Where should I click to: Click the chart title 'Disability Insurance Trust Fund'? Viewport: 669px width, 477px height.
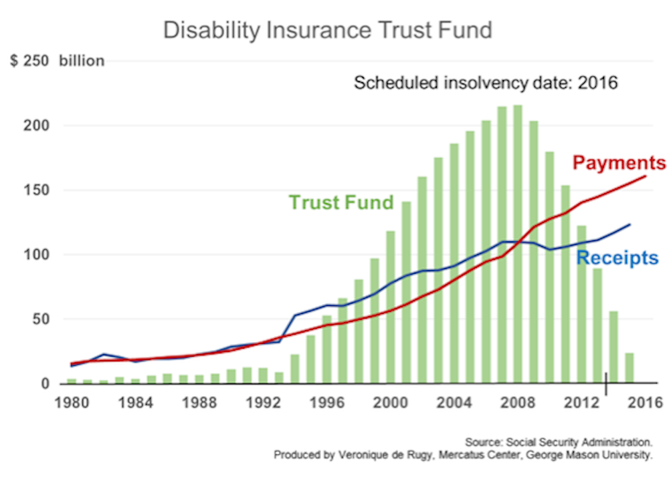point(328,30)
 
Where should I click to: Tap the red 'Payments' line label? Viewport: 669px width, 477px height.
point(619,163)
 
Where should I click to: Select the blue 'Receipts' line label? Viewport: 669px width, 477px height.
point(617,258)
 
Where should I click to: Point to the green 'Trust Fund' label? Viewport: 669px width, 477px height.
point(341,202)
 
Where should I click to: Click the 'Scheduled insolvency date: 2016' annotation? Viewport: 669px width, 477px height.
point(486,84)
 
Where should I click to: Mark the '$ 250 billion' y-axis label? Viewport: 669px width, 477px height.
point(58,61)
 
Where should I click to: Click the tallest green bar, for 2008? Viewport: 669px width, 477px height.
point(517,244)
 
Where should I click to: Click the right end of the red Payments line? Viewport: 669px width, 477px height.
point(645,176)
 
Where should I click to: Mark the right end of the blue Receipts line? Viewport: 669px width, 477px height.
point(630,224)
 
